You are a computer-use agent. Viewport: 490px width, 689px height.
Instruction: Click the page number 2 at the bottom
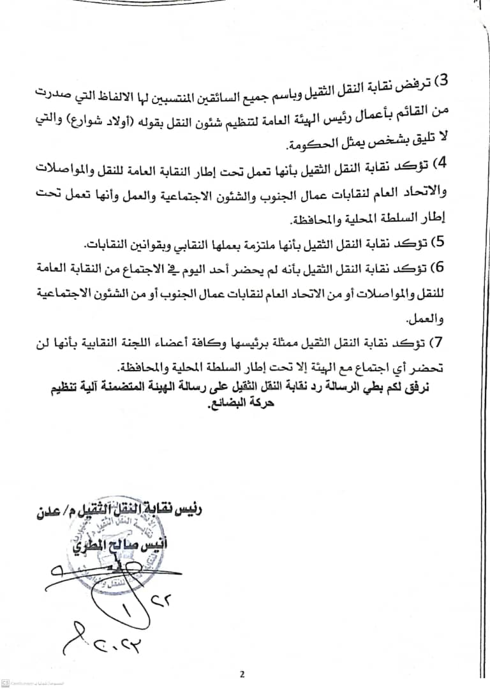click(x=242, y=674)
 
